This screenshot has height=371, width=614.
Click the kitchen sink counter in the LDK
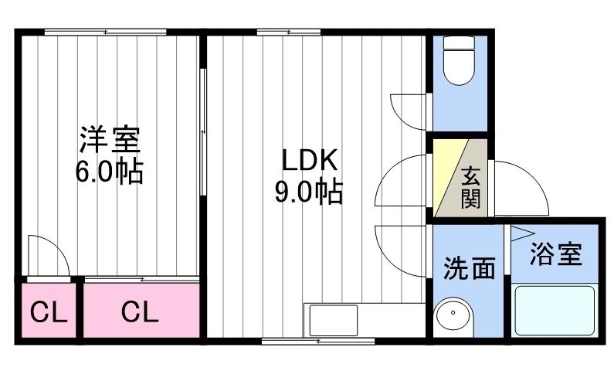tap(333, 319)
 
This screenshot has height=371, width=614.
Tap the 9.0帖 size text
tap(308, 191)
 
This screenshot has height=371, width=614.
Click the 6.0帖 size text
tap(108, 171)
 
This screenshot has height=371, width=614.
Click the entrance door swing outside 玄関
tap(519, 187)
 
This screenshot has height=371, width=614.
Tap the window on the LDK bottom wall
tap(317, 340)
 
